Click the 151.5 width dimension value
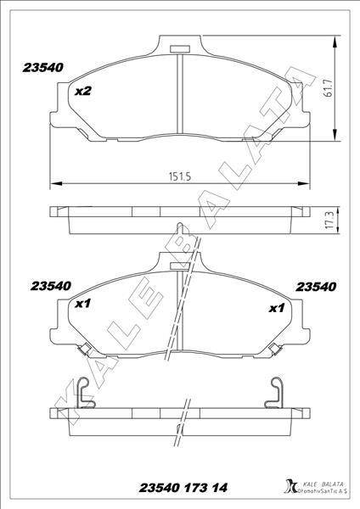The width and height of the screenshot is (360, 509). click(177, 176)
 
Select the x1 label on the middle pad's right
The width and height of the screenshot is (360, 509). click(276, 308)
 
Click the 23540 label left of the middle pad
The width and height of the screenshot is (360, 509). click(50, 286)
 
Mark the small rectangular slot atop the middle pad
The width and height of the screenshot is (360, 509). click(179, 266)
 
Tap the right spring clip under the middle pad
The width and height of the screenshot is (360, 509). click(274, 348)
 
